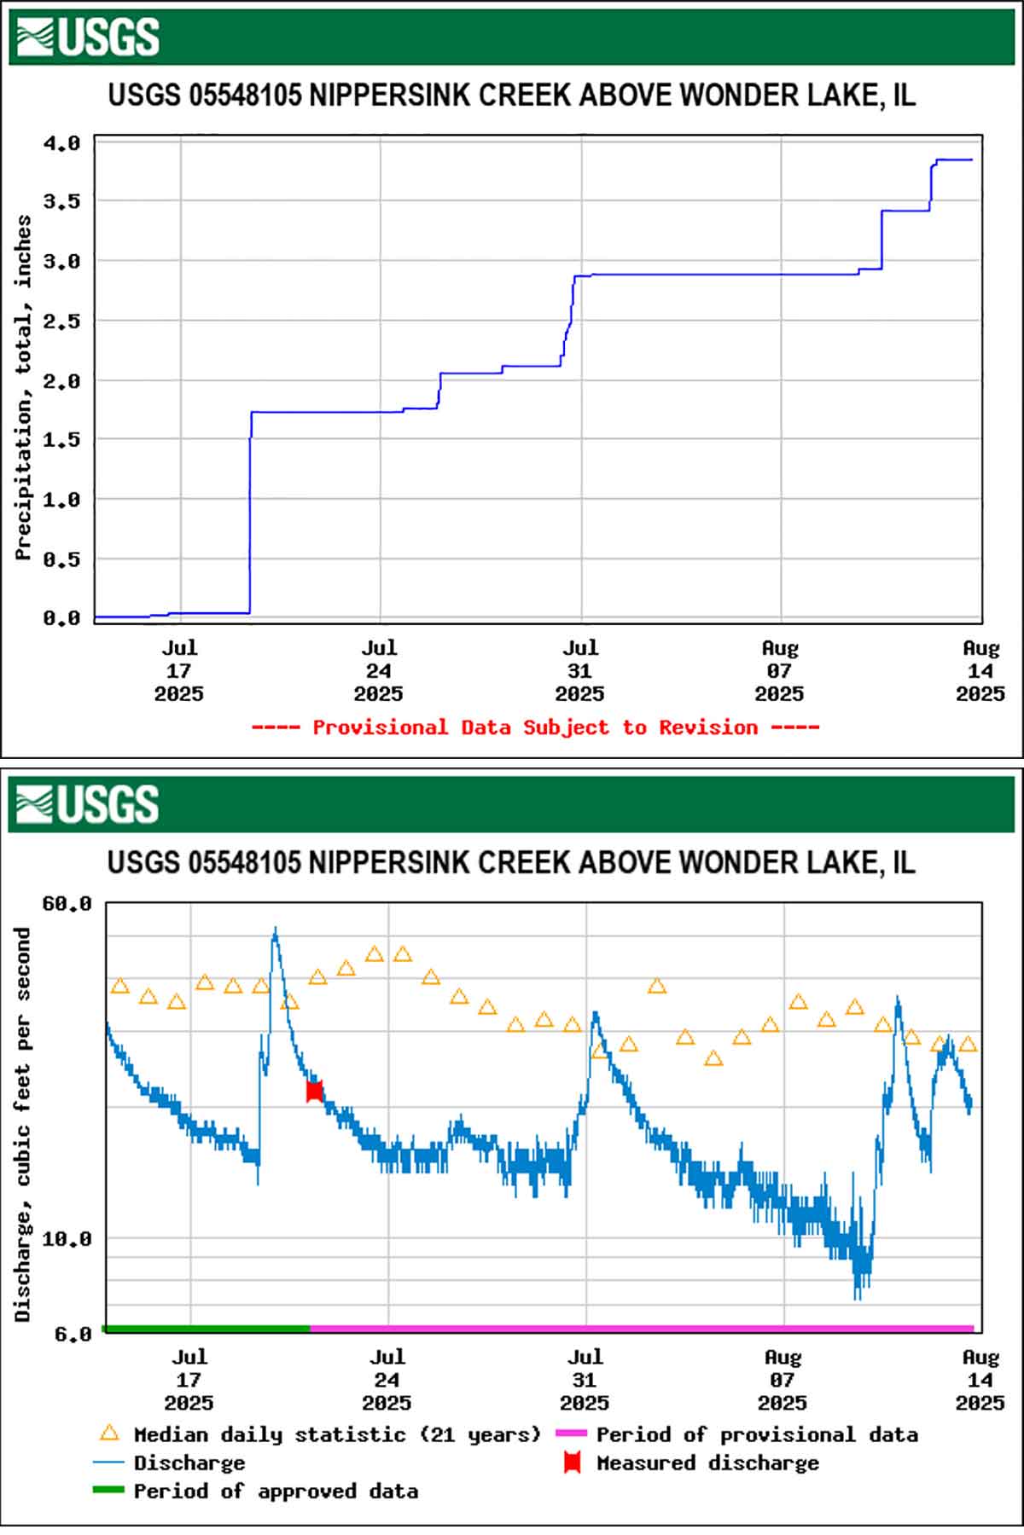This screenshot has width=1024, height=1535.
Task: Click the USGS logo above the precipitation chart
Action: (x=88, y=37)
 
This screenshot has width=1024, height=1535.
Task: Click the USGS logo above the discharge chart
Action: (x=88, y=804)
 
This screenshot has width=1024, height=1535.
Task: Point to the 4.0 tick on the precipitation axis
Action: (x=61, y=142)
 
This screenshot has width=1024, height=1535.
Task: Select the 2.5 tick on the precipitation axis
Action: (x=61, y=321)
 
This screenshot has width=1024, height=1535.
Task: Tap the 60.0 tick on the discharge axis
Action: (x=67, y=903)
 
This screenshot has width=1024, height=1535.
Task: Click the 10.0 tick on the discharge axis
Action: (x=67, y=1238)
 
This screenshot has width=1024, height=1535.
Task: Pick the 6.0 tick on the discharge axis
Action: (x=73, y=1334)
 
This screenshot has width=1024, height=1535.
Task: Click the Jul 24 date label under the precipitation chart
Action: (x=379, y=671)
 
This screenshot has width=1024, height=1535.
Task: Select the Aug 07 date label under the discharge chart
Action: (x=783, y=1379)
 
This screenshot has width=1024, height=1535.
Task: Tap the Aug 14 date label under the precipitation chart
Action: (x=980, y=671)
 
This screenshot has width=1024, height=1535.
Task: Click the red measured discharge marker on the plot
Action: (x=314, y=1091)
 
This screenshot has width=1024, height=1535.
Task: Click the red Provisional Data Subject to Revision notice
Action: (x=535, y=727)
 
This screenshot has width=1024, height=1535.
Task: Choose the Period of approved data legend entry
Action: (x=275, y=1492)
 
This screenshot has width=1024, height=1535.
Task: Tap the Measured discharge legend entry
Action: (x=707, y=1463)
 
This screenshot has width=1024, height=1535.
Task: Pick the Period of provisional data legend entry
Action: (x=756, y=1435)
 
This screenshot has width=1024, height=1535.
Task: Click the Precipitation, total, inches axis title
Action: (x=23, y=387)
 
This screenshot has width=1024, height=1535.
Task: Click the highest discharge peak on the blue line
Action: (x=275, y=930)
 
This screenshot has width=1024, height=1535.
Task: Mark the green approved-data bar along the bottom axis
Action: (x=207, y=1329)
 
